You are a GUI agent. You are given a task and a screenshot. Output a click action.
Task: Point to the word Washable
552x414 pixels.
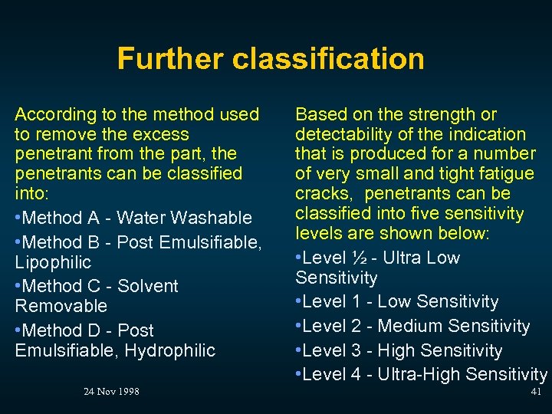point(213,218)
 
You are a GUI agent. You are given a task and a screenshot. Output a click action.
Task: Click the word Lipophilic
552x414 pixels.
point(53,262)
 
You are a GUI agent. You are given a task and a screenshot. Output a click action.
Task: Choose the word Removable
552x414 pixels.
point(61,306)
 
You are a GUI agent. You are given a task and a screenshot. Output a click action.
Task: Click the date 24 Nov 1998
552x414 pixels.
point(111,392)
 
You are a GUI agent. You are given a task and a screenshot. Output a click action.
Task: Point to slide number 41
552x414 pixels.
point(536,392)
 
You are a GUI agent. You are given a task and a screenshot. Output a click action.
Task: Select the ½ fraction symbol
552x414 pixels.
point(356,258)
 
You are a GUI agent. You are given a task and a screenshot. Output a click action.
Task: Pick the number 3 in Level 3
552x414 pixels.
point(356,350)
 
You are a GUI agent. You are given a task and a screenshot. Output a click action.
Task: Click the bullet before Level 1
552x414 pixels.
point(298,302)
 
